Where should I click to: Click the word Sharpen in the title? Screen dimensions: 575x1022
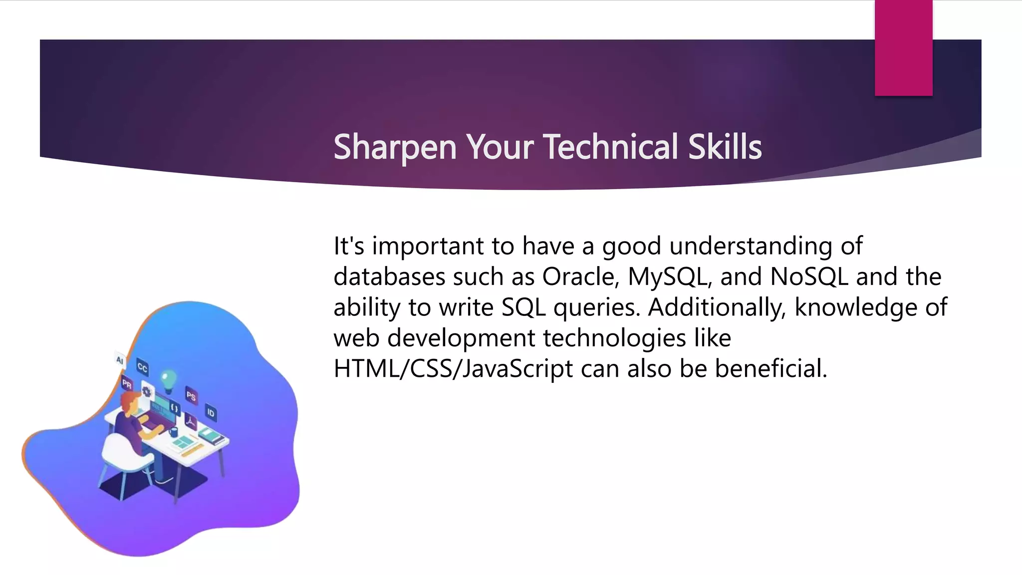(394, 147)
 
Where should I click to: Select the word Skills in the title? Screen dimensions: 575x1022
(725, 147)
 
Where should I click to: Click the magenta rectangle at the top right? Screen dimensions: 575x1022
(903, 48)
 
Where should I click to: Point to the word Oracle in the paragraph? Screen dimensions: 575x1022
(580, 277)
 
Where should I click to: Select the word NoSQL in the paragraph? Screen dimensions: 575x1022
(809, 277)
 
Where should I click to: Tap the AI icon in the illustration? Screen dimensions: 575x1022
(120, 360)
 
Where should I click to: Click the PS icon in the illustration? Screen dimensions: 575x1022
(191, 396)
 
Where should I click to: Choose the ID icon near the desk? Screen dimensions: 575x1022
(211, 413)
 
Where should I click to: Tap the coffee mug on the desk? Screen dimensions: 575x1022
(173, 431)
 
